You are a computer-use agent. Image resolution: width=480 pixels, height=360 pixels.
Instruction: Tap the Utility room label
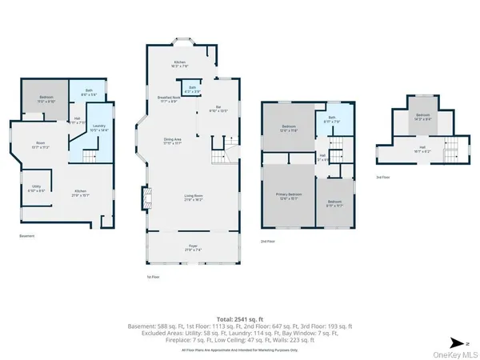(x=35, y=190)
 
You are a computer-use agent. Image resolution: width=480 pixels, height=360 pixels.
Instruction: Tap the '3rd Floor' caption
(x=383, y=178)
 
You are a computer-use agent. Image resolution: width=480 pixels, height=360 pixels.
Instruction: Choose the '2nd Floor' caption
(x=267, y=241)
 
